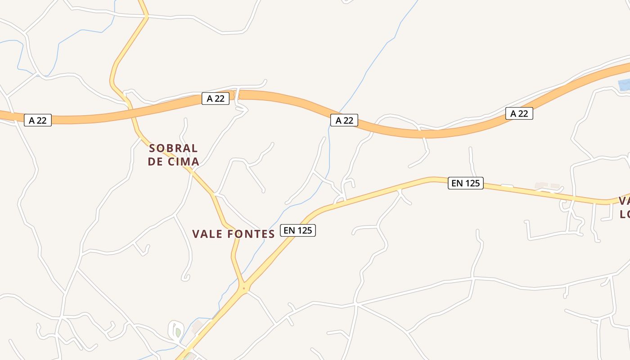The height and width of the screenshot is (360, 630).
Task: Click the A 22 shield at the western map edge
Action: pos(38,120)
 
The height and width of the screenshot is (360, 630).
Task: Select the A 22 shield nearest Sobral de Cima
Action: pos(216,99)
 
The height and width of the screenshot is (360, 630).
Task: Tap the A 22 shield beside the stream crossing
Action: pos(344,120)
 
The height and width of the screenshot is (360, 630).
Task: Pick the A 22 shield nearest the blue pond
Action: pos(519,113)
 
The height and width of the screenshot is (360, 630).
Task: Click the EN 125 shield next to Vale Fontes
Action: pos(298,230)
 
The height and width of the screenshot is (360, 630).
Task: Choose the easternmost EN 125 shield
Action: pos(465,183)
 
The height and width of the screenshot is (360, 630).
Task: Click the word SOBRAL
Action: pos(173,148)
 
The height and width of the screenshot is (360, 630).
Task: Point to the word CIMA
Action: pos(184,162)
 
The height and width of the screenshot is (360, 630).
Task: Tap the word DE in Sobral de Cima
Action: pos(155,162)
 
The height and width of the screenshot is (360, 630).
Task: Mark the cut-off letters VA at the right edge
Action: pos(624,201)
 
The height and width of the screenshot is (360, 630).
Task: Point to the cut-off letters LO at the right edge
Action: pos(625,214)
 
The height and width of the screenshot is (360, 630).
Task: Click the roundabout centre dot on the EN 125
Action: pos(244,288)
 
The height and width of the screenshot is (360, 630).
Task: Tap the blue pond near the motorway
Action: pos(624,85)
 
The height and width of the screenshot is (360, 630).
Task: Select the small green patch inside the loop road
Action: pos(178,333)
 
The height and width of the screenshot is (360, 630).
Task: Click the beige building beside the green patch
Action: pos(197,327)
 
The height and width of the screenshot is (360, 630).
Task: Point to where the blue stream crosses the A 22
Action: pos(338,112)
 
